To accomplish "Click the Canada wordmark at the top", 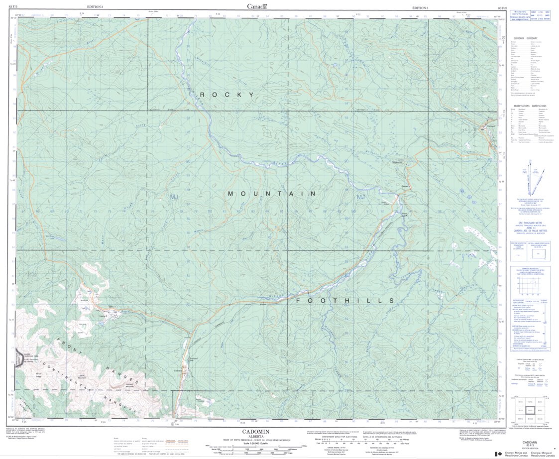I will (257, 6).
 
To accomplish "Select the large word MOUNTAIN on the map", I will (272, 193).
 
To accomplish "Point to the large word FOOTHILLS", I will (345, 301).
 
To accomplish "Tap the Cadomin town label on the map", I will (178, 370).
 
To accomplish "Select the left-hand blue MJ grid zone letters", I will (174, 198).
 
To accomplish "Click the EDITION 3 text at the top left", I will (95, 7).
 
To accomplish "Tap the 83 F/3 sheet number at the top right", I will (503, 8).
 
